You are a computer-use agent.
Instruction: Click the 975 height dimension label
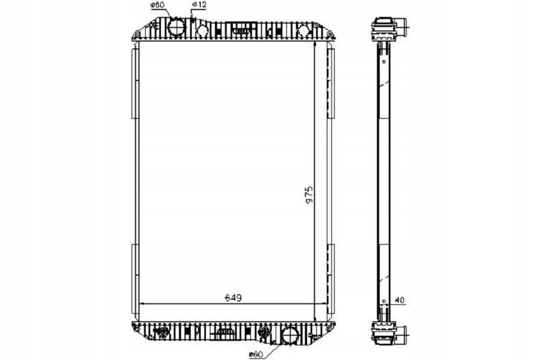pos(309,194)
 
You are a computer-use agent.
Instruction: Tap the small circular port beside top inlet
pos(201,30)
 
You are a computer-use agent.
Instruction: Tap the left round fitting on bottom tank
pos(163,332)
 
